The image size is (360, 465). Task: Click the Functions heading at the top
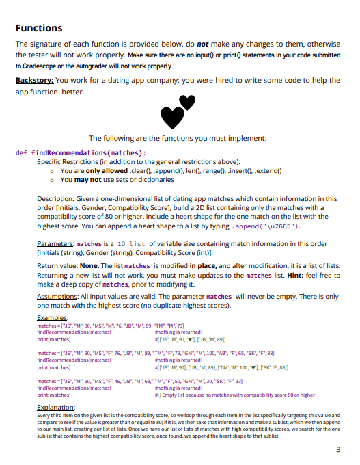(x=40, y=28)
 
